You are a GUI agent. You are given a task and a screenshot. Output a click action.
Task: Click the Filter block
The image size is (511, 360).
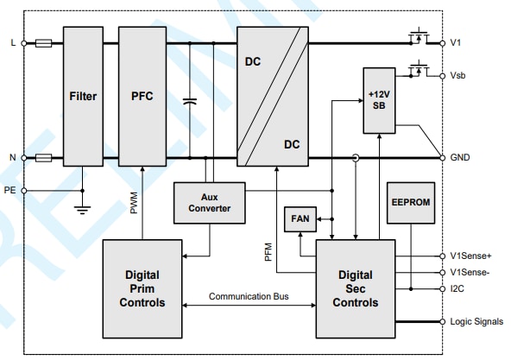point(83,96)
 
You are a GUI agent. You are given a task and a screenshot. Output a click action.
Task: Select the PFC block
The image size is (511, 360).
point(142,96)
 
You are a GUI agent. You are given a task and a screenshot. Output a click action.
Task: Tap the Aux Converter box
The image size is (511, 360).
point(208,202)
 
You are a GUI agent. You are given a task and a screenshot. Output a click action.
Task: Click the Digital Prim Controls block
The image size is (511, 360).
point(142,288)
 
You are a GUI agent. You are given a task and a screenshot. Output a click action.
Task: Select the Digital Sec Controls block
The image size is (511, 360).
point(355,288)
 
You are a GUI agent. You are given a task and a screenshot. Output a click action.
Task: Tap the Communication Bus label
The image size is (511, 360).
point(249,296)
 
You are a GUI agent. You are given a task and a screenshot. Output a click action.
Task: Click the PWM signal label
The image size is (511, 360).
point(134,202)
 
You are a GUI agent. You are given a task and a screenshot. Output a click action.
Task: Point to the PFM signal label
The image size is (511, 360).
point(268,251)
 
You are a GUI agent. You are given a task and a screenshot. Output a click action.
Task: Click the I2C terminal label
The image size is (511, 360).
point(458,287)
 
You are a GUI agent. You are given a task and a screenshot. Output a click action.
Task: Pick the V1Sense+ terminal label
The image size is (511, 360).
point(470,256)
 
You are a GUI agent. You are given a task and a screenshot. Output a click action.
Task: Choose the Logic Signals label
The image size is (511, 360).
point(476,321)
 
